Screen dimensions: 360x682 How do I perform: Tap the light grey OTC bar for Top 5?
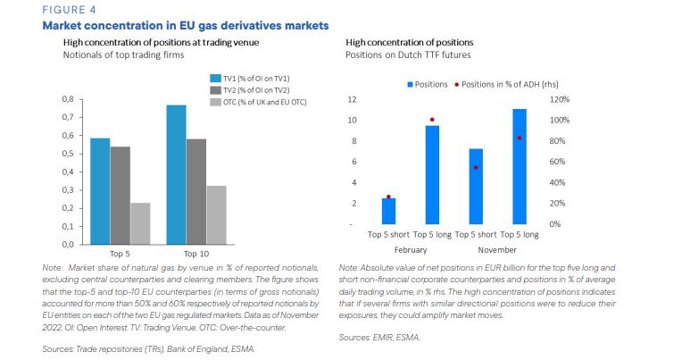coord(139,223)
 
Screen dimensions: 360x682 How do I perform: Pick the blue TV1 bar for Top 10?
coord(176,174)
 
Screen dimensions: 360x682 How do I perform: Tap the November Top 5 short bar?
coord(476,186)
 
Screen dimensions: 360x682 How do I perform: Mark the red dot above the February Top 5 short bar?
coord(388,197)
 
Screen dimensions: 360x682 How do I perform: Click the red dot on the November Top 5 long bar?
coord(519,138)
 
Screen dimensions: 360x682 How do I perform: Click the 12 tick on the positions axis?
coord(353,99)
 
